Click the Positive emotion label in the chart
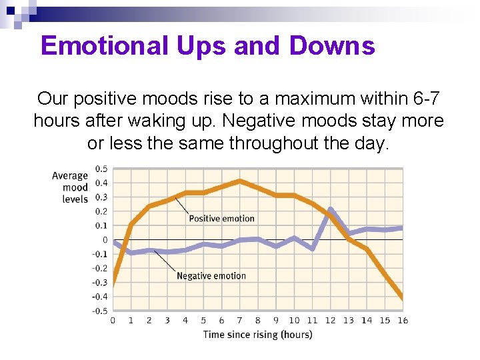pos(221,218)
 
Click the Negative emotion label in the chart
pos(211,276)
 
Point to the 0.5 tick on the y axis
pos(101,169)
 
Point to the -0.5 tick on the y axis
pos(99,311)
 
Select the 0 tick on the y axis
pos(105,240)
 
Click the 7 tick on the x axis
pos(240,321)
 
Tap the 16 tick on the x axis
pos(403,321)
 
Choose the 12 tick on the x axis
pos(330,321)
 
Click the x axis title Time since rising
pos(257,335)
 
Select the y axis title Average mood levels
pos(71,187)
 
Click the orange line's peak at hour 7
pos(240,181)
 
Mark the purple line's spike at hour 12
pos(331,209)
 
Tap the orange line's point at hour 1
pos(131,225)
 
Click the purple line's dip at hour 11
pos(313,249)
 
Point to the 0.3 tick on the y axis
pos(101,197)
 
